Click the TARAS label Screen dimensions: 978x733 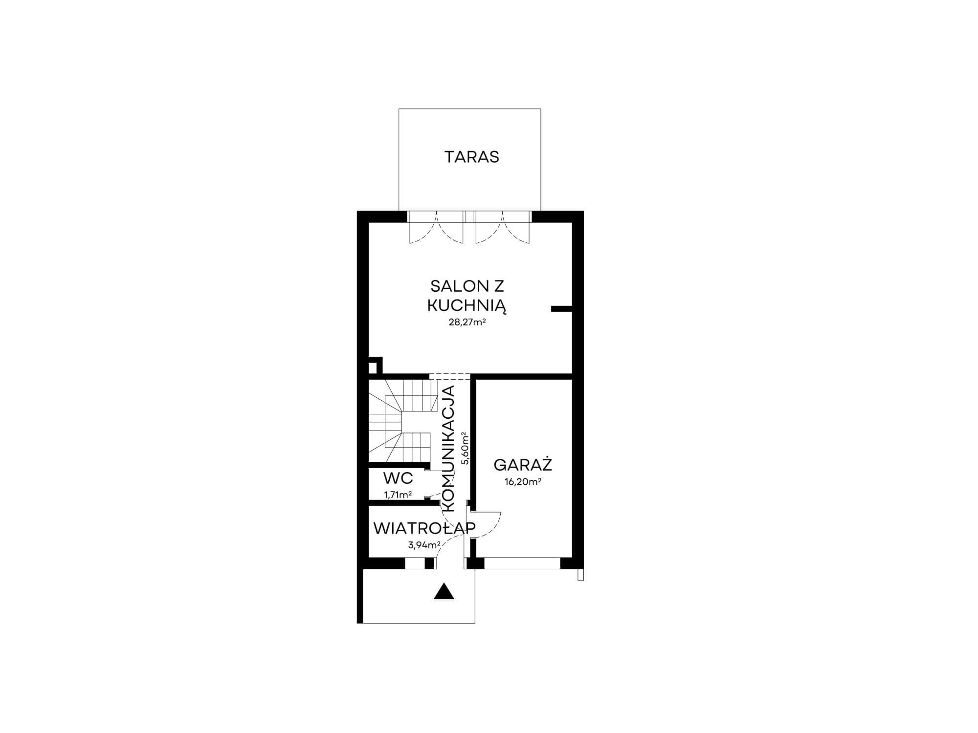(471, 157)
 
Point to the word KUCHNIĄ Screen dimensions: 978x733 (467, 306)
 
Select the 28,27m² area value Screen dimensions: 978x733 (467, 323)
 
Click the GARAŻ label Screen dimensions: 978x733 (523, 464)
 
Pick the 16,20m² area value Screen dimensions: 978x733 (523, 482)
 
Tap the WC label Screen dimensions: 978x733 (398, 477)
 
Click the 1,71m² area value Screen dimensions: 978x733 (398, 495)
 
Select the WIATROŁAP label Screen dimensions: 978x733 (424, 528)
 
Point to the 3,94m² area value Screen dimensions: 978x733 (424, 545)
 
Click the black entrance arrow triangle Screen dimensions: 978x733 (444, 591)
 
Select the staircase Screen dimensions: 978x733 (399, 421)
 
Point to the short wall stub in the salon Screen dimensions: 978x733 (561, 309)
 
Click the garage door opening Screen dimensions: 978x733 (522, 563)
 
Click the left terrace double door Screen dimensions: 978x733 (436, 228)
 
